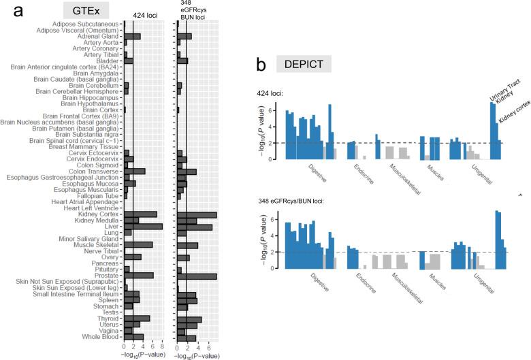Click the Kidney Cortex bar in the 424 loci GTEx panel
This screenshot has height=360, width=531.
coord(140,214)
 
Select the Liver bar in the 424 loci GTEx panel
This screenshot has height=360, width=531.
coord(142,227)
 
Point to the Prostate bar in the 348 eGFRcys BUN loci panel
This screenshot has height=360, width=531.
coord(197,276)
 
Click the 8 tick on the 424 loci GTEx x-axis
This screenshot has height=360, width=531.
coord(161,348)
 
